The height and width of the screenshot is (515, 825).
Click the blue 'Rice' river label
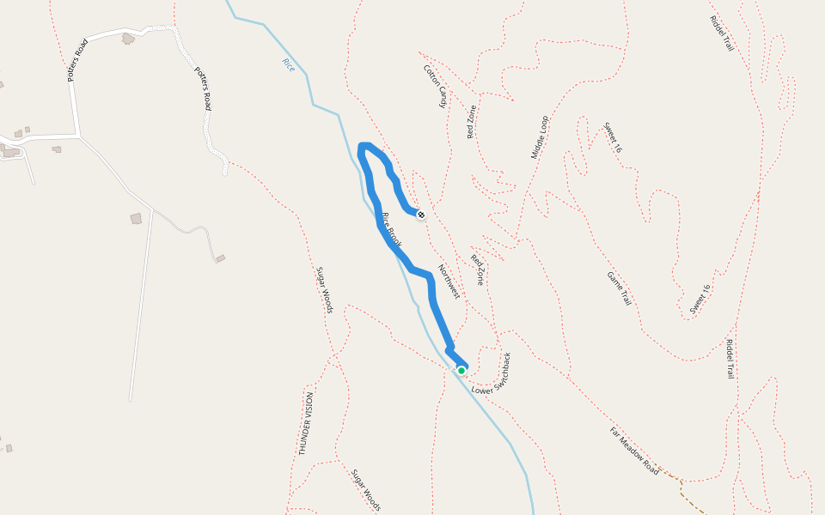pyautogui.click(x=288, y=64)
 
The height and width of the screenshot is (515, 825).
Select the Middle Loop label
pyautogui.click(x=539, y=137)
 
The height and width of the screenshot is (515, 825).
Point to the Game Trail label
pyautogui.click(x=620, y=289)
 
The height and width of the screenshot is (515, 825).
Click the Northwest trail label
pyautogui.click(x=449, y=282)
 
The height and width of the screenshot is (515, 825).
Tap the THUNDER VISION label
pyautogui.click(x=305, y=423)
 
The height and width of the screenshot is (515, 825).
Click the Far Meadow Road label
pyautogui.click(x=634, y=451)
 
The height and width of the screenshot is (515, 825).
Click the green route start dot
pyautogui.click(x=461, y=371)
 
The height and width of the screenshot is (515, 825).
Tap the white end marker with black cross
pyautogui.click(x=421, y=214)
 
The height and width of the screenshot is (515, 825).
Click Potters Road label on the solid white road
pyautogui.click(x=77, y=60)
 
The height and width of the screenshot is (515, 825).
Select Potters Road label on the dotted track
pyautogui.click(x=203, y=88)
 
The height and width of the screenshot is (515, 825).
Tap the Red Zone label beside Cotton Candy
pyautogui.click(x=471, y=122)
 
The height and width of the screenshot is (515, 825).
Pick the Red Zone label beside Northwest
pyautogui.click(x=477, y=270)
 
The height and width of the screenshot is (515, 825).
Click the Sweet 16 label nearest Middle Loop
pyautogui.click(x=613, y=137)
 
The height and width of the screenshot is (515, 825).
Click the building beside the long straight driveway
pyautogui.click(x=136, y=219)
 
